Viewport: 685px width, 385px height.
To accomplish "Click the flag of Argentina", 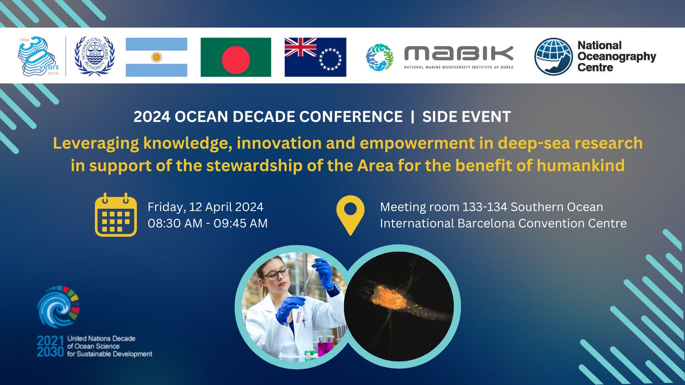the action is pyautogui.click(x=156, y=57).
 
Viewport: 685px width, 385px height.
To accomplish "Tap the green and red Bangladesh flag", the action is pyautogui.click(x=236, y=57).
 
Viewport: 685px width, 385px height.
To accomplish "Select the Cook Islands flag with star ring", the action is pyautogui.click(x=315, y=57).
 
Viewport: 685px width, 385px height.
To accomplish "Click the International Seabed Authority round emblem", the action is pyautogui.click(x=95, y=56).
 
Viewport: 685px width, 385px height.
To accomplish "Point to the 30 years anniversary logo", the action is pyautogui.click(x=39, y=56).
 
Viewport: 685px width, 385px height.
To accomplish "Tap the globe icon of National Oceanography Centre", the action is pyautogui.click(x=553, y=57).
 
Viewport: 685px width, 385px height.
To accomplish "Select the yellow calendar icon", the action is pyautogui.click(x=116, y=215).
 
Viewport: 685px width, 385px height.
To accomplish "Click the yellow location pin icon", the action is pyautogui.click(x=350, y=215).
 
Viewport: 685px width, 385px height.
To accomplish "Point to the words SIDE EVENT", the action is pyautogui.click(x=466, y=117).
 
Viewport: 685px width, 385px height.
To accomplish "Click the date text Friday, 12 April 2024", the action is pyautogui.click(x=205, y=207).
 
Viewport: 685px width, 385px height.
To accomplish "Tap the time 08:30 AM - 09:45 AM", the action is pyautogui.click(x=208, y=223).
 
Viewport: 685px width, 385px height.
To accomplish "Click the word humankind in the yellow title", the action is pyautogui.click(x=580, y=165).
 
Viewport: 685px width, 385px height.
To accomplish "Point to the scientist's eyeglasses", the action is pyautogui.click(x=276, y=274).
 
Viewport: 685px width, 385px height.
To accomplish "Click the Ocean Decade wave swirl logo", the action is pyautogui.click(x=59, y=307).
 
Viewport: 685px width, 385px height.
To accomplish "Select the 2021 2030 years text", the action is pyautogui.click(x=50, y=346).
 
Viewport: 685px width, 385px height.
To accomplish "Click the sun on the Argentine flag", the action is pyautogui.click(x=156, y=57).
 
